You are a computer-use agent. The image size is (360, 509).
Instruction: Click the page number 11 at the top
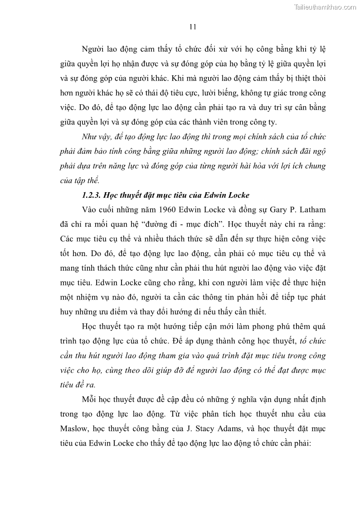pos(192,27)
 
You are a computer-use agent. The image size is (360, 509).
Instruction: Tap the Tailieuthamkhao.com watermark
pos(326,7)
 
